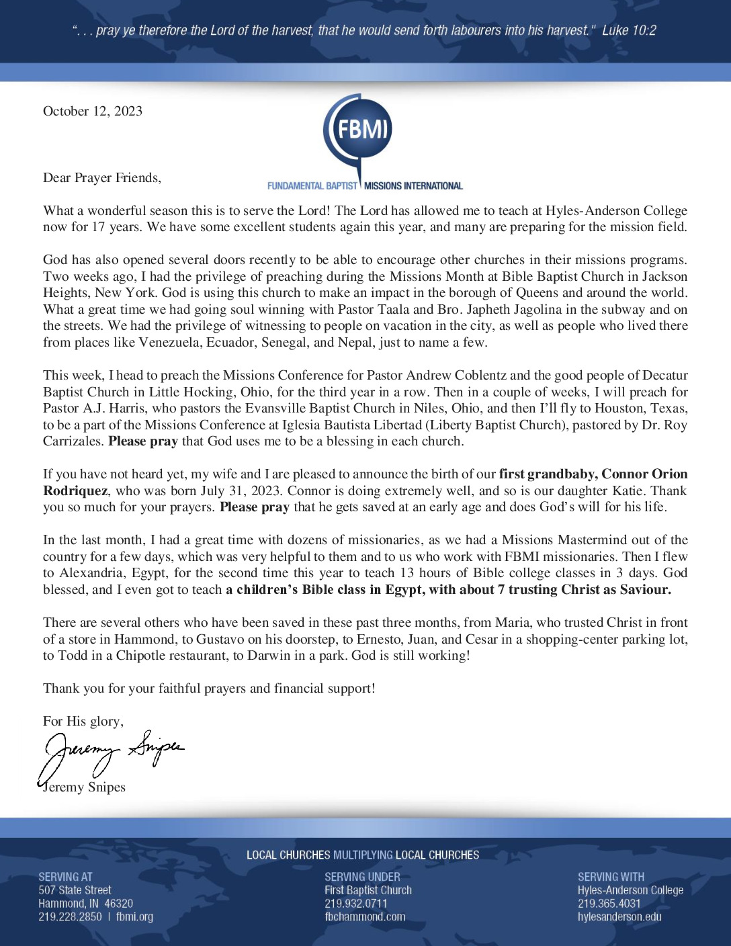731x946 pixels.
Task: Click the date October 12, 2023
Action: coord(93,112)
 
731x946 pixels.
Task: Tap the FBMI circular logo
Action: coord(358,129)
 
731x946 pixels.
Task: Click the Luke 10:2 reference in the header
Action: coord(629,30)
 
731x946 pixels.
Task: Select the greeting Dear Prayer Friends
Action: coord(102,178)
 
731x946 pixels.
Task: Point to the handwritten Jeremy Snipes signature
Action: coord(111,753)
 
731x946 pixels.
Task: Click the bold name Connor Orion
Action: coord(644,474)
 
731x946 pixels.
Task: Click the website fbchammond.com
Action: coord(365,917)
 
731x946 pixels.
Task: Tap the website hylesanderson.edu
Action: coord(619,917)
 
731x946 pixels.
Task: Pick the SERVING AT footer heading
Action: coord(65,877)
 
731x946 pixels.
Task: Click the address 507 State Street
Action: coord(75,890)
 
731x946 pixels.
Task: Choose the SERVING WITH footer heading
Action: coord(611,877)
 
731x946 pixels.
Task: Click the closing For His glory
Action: coord(83,722)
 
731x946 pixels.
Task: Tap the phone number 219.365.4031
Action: coord(609,904)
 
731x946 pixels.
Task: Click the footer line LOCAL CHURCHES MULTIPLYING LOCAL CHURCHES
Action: coord(363,855)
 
